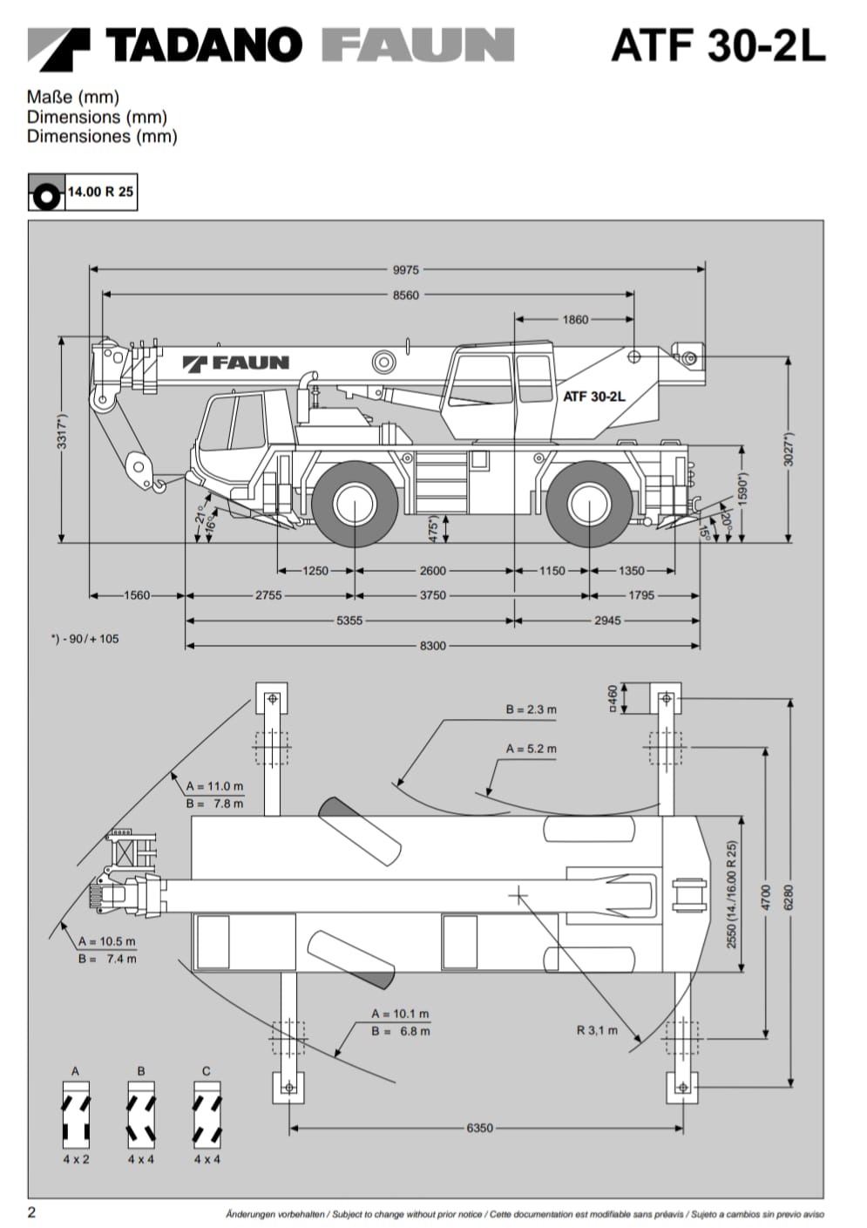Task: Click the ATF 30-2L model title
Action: tap(717, 45)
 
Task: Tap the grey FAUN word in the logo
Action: tap(417, 45)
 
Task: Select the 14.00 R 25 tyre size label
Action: tap(100, 192)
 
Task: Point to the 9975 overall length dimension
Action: tap(405, 270)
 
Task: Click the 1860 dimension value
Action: tap(575, 320)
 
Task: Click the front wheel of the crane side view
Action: tap(356, 505)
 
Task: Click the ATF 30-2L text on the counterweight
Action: tap(593, 397)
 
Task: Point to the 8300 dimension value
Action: tap(432, 646)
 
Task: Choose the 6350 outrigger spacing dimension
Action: tap(479, 1128)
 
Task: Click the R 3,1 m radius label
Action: tap(597, 1030)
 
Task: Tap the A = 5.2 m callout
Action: tap(531, 749)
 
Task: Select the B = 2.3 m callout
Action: tap(531, 709)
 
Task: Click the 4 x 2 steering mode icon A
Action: tap(76, 1115)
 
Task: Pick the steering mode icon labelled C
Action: tap(207, 1115)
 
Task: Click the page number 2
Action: tap(32, 1212)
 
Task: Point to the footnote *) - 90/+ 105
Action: tap(85, 639)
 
